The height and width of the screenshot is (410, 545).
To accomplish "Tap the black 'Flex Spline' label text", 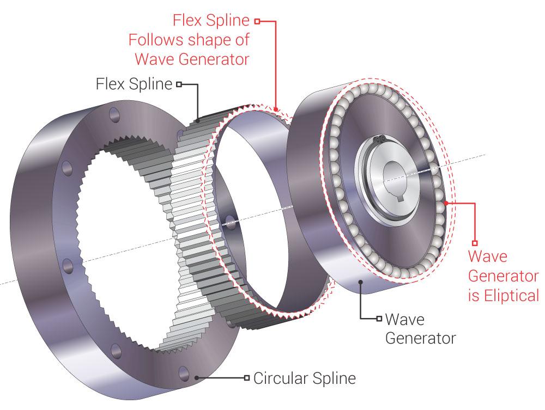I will [134, 84].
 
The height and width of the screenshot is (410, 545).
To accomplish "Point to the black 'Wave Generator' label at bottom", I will [420, 327].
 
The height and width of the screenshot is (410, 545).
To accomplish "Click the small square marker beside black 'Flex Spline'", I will [178, 84].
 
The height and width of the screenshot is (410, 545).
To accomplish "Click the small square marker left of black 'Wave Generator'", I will [378, 318].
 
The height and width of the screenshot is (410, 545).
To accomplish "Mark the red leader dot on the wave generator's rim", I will [446, 203].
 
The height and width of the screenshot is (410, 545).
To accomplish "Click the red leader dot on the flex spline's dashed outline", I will [277, 109].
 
